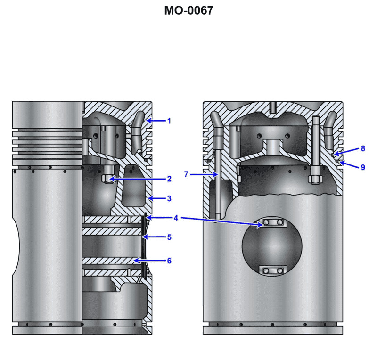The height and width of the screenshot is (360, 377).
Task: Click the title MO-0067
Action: [188, 10]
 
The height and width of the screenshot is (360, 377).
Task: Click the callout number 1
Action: [169, 121]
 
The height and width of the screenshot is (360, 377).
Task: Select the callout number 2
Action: [169, 179]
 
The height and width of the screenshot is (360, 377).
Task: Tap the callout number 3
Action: [169, 199]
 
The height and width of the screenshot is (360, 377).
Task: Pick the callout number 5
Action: [169, 237]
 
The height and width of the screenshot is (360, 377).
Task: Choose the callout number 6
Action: [169, 261]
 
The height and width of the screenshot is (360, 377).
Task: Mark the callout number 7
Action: [187, 174]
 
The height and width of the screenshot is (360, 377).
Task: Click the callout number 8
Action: [362, 148]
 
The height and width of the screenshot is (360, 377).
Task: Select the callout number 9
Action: [362, 167]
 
